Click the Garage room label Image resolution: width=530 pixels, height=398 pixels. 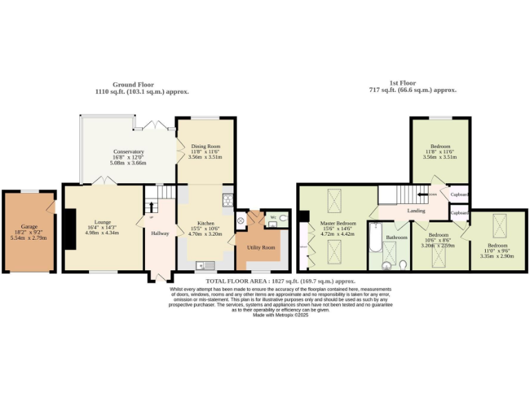(29, 227)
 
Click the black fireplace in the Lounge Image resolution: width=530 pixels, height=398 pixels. (70, 229)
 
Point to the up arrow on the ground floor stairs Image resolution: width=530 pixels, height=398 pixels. (151, 206)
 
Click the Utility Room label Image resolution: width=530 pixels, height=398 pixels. (261, 247)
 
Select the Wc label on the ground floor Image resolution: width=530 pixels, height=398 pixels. (273, 217)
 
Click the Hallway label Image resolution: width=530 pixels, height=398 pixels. (160, 234)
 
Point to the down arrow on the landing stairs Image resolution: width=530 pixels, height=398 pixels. (423, 195)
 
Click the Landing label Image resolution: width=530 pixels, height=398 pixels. (416, 211)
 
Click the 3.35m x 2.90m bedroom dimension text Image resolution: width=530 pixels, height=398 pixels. (497, 256)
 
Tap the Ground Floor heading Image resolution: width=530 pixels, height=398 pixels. (133, 84)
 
